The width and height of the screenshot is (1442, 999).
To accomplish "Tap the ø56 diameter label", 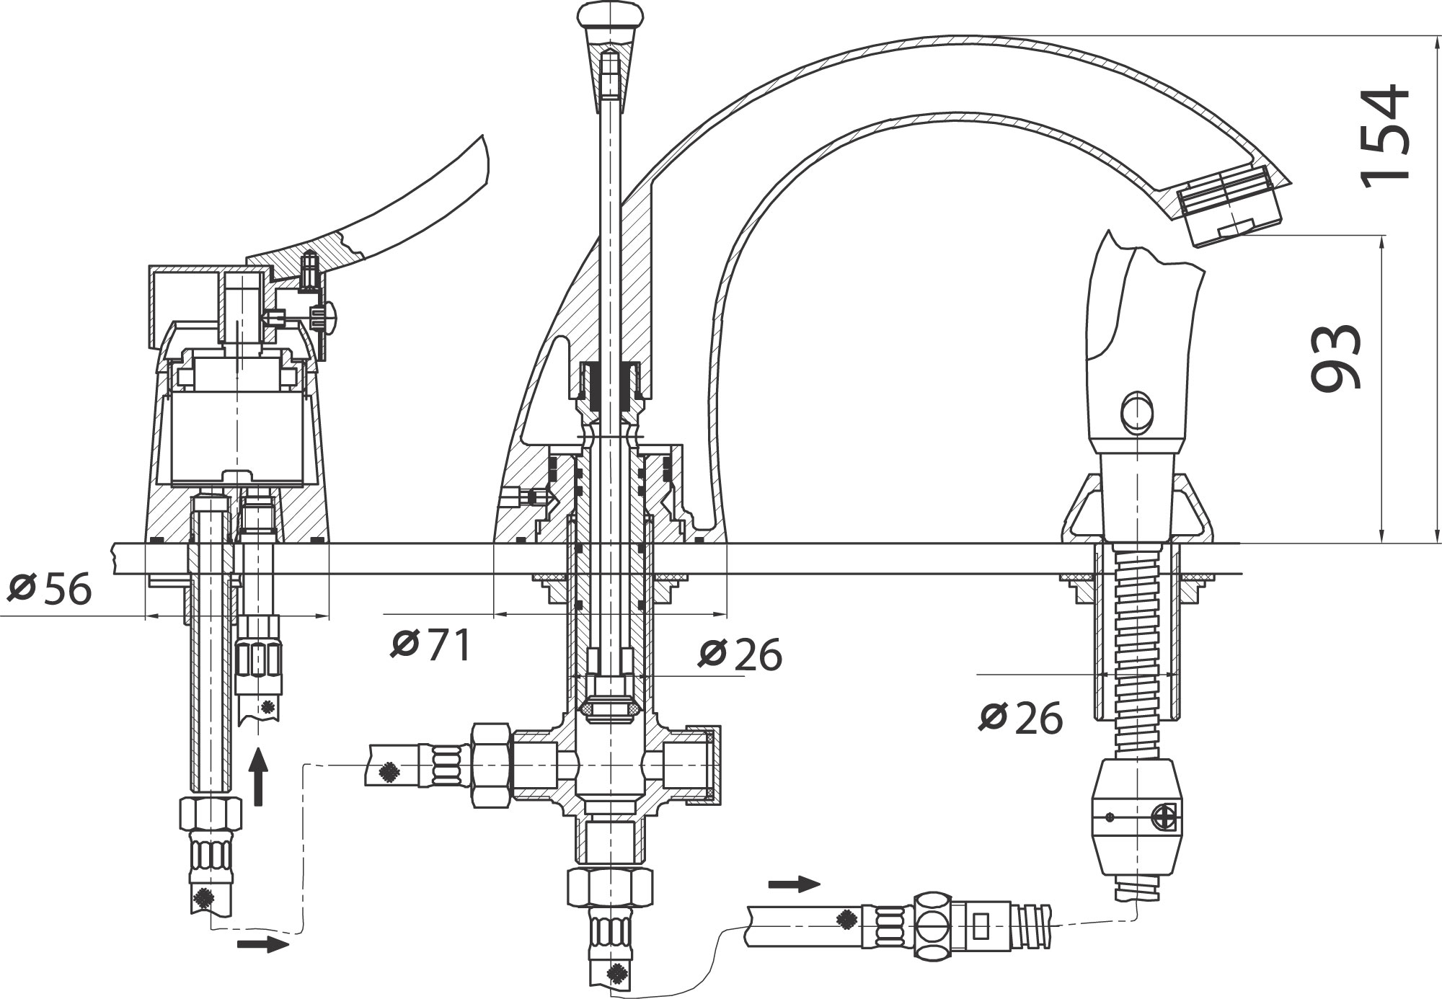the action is (50, 589).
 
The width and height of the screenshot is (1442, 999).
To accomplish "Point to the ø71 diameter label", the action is (430, 644).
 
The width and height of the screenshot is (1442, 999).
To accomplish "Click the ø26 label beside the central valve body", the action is (740, 654).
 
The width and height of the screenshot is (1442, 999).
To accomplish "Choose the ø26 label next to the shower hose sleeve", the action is (1021, 717).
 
